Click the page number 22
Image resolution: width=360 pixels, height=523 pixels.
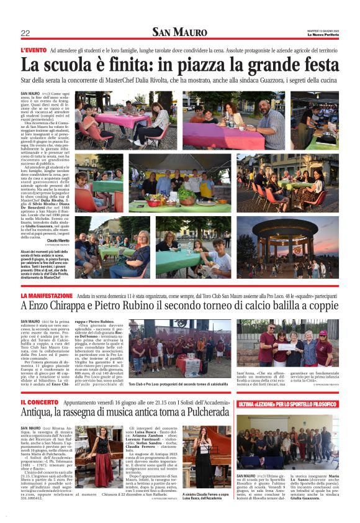(25, 33)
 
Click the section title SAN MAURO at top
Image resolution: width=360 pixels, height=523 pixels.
(180, 32)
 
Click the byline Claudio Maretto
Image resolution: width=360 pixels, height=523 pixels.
(59, 240)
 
